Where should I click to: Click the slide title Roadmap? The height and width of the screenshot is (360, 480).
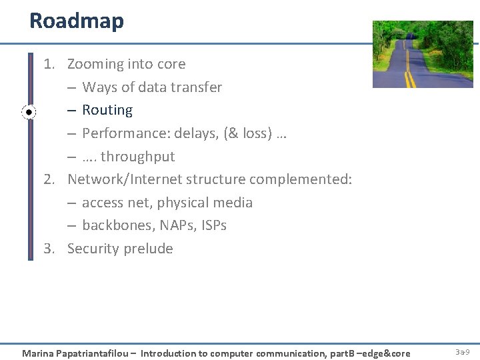tap(77, 21)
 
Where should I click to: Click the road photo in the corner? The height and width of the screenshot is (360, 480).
tap(422, 54)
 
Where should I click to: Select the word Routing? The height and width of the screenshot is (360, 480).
tap(107, 110)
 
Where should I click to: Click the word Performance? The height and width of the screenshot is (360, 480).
tap(125, 133)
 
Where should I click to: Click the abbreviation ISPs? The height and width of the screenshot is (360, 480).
tap(213, 225)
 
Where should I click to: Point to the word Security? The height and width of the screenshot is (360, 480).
tap(93, 249)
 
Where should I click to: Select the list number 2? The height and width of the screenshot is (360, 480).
tap(48, 179)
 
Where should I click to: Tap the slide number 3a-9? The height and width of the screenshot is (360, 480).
tap(463, 351)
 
